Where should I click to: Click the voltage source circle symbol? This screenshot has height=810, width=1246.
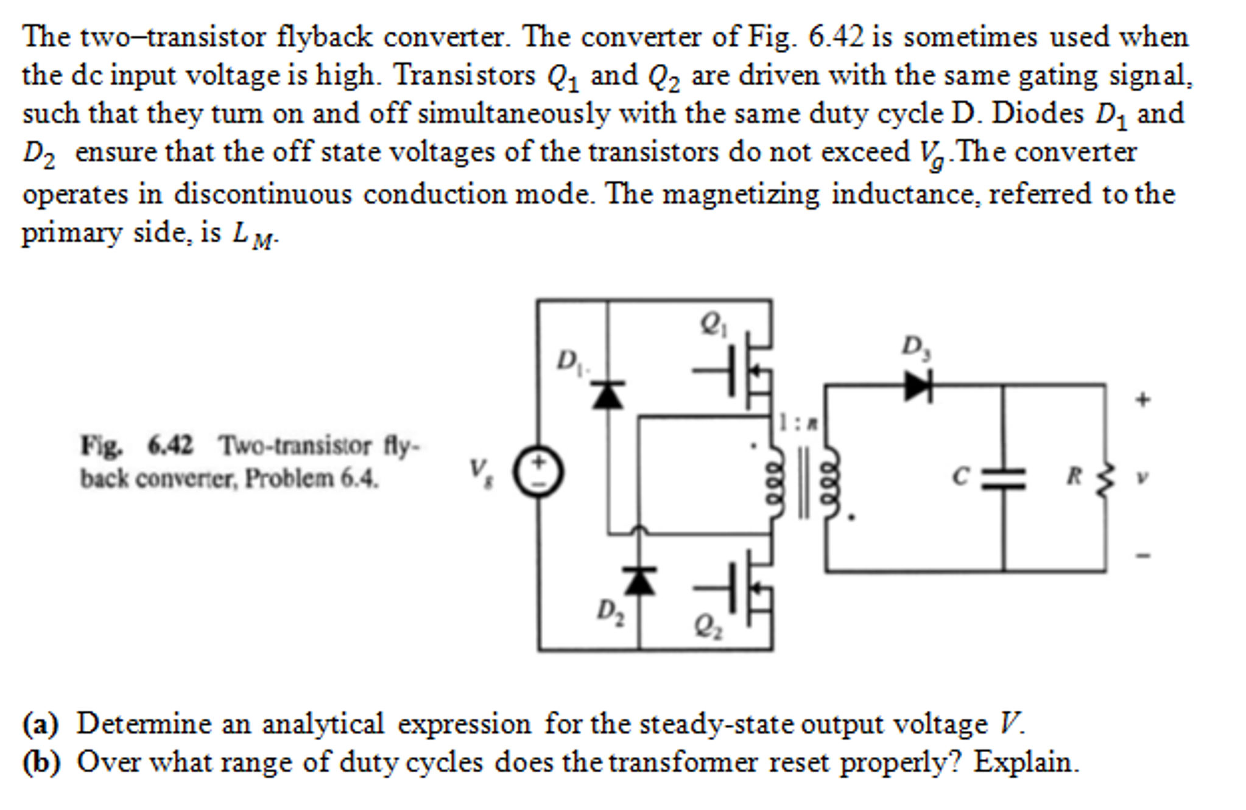click(538, 472)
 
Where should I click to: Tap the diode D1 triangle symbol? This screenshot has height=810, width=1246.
click(608, 395)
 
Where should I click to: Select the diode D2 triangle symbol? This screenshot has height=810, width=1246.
click(639, 580)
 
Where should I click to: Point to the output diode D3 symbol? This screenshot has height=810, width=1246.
click(918, 386)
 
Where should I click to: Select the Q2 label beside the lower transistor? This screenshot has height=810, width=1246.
click(708, 626)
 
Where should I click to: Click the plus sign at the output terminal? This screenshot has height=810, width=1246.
click(1142, 400)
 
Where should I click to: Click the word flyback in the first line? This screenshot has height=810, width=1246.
click(323, 38)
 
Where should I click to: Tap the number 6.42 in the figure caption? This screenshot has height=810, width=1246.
click(170, 445)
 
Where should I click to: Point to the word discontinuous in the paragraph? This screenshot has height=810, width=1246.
click(262, 195)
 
